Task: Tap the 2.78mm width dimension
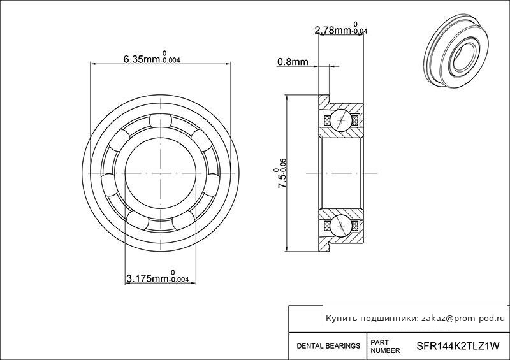click(341, 29)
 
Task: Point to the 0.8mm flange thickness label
click(293, 61)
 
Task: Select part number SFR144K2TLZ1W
click(458, 347)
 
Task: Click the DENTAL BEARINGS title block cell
click(328, 346)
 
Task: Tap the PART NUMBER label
click(385, 347)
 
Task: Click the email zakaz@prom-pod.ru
click(463, 319)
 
